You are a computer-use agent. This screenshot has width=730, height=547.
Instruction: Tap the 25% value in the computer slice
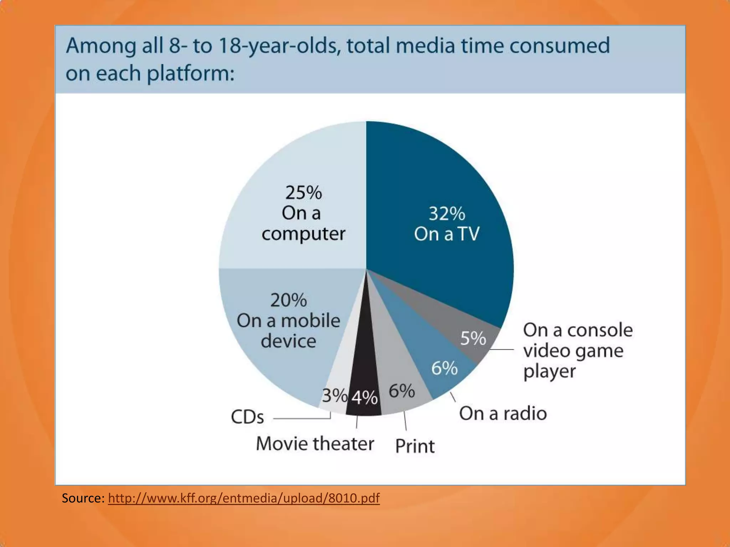tap(303, 193)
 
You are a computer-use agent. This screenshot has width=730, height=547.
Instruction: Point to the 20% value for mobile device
tap(288, 300)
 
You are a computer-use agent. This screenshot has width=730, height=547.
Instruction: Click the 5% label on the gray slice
tap(473, 338)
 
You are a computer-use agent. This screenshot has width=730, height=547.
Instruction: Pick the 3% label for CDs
tap(334, 395)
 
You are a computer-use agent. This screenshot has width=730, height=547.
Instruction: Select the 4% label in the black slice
tap(364, 397)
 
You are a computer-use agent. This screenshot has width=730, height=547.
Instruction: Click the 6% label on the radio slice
tap(444, 368)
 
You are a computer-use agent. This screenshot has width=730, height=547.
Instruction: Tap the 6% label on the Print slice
tap(402, 391)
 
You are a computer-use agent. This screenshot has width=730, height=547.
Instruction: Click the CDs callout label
tap(247, 417)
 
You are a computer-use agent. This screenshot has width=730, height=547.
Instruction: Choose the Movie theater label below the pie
tap(315, 444)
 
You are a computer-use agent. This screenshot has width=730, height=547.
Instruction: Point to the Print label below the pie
tap(415, 446)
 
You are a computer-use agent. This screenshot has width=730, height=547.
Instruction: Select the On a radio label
tap(503, 413)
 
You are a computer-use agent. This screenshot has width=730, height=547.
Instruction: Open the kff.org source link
tap(244, 498)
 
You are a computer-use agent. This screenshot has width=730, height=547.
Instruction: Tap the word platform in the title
tap(190, 73)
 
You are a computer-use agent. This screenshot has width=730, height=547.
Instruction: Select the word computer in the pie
tap(303, 234)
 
